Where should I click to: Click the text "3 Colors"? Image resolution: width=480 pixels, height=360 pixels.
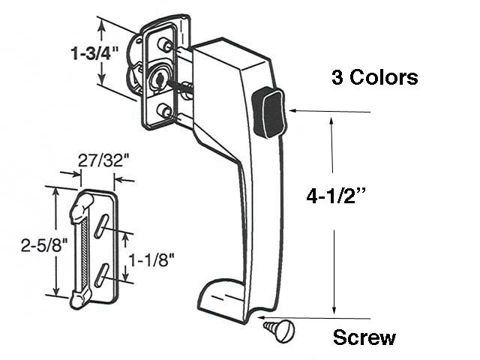click(374, 78)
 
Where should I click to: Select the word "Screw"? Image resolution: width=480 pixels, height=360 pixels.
click(364, 337)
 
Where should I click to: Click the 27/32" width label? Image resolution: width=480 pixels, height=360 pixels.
click(100, 160)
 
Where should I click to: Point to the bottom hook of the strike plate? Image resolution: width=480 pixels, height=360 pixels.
click(78, 300)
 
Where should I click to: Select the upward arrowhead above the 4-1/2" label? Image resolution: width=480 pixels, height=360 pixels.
click(333, 119)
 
